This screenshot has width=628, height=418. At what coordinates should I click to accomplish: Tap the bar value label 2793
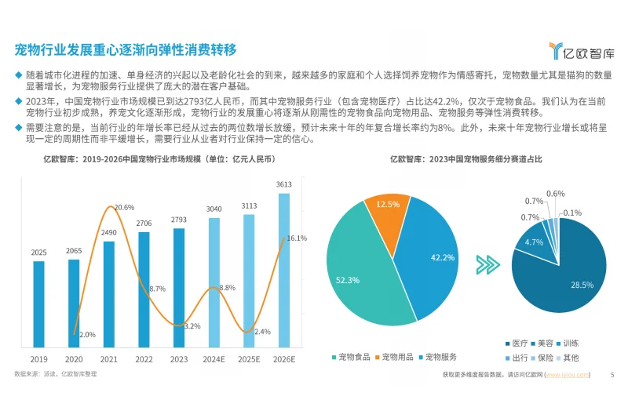tap(179, 220)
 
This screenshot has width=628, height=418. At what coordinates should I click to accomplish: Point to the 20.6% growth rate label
tap(124, 208)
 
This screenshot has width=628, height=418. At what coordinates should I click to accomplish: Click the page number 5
tap(612, 375)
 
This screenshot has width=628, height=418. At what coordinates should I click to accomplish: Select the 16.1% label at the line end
tap(297, 238)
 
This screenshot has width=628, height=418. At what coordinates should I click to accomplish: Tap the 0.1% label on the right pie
tap(572, 213)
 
